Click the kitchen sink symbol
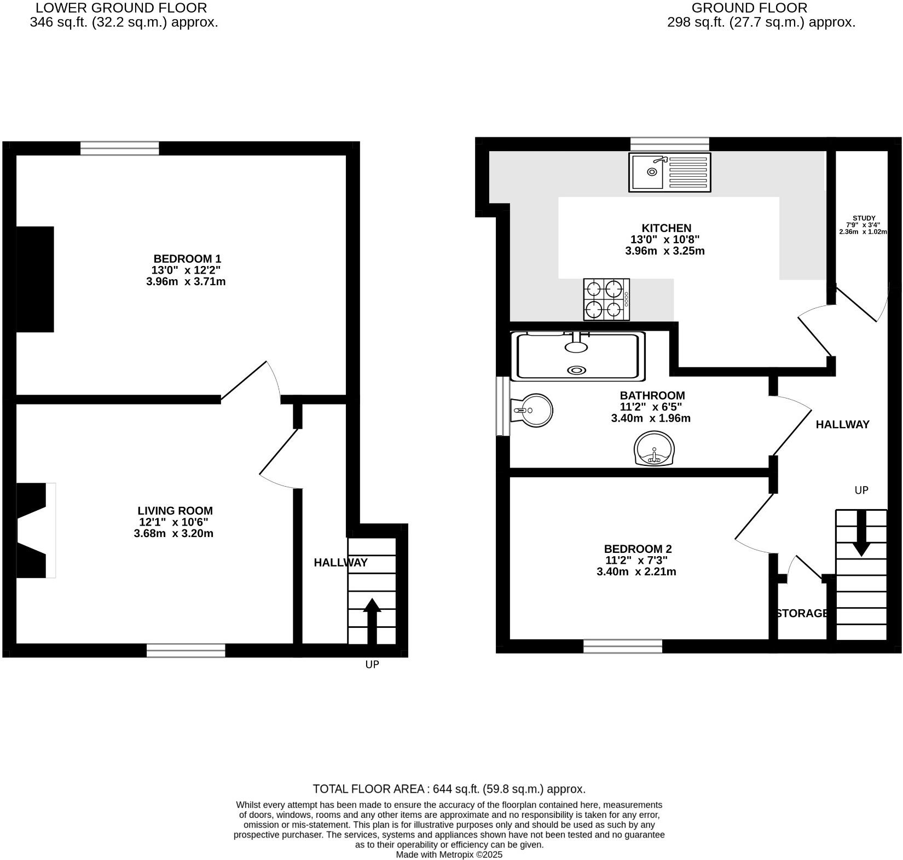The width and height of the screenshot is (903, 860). coord(669,172)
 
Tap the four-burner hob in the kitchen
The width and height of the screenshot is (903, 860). coord(606,299)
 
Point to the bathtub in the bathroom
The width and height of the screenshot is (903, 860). coord(578,356)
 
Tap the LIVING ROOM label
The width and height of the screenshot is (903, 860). coord(175,511)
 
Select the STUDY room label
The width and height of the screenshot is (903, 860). coord(864,218)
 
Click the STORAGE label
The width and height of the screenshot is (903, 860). coord(802,614)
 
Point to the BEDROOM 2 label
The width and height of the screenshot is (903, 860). coord(638,549)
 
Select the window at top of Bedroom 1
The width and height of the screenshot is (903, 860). coord(120,148)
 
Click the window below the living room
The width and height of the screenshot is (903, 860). coord(186,650)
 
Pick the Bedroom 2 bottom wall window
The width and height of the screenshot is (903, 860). coord(623,646)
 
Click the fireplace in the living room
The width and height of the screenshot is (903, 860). coord(36,530)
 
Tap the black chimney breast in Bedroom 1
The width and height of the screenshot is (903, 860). coord(35,279)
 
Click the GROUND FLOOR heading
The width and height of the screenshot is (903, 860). coord(749,8)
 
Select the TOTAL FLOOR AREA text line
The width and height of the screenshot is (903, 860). coord(449,789)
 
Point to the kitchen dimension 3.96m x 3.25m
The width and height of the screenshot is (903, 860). coord(664,251)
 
